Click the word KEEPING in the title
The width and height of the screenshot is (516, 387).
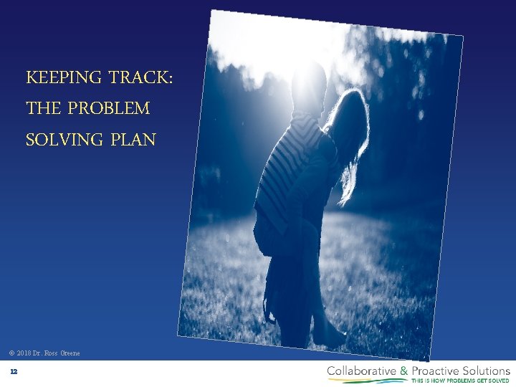[x=59, y=77]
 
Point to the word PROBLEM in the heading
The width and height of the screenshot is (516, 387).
[x=110, y=109]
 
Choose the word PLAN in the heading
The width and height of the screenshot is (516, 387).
[x=133, y=140]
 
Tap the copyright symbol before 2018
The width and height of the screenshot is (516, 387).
[x=11, y=353]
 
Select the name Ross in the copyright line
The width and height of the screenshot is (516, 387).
[x=52, y=353]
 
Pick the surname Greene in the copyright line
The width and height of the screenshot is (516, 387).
[x=71, y=353]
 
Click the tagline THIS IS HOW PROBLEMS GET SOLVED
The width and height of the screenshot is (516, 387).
[x=459, y=381]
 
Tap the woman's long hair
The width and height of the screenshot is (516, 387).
[x=351, y=136]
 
